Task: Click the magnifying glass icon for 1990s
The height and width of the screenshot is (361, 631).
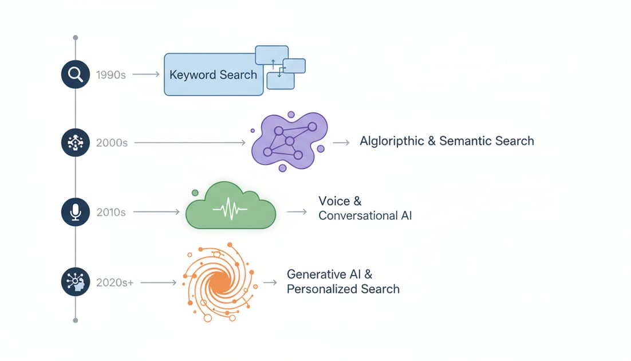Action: [x=76, y=74]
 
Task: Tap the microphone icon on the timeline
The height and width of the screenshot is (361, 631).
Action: [x=76, y=212]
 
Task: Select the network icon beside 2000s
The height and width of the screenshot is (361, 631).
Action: [x=76, y=143]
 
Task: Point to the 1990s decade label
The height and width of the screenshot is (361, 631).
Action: [x=111, y=75]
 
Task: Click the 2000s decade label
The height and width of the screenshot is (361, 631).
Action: [x=112, y=143]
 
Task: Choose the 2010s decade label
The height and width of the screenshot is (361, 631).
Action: [x=111, y=213]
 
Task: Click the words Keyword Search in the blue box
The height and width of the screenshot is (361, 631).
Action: [x=213, y=75]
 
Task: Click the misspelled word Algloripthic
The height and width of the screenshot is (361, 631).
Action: [x=392, y=141]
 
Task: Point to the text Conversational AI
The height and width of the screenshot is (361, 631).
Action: [x=365, y=216]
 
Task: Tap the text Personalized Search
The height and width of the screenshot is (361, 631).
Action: [x=343, y=289]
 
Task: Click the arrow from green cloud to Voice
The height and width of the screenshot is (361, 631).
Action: [x=297, y=212]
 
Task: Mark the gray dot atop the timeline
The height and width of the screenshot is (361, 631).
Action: [x=76, y=38]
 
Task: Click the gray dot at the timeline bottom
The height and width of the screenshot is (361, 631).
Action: [x=76, y=320]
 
